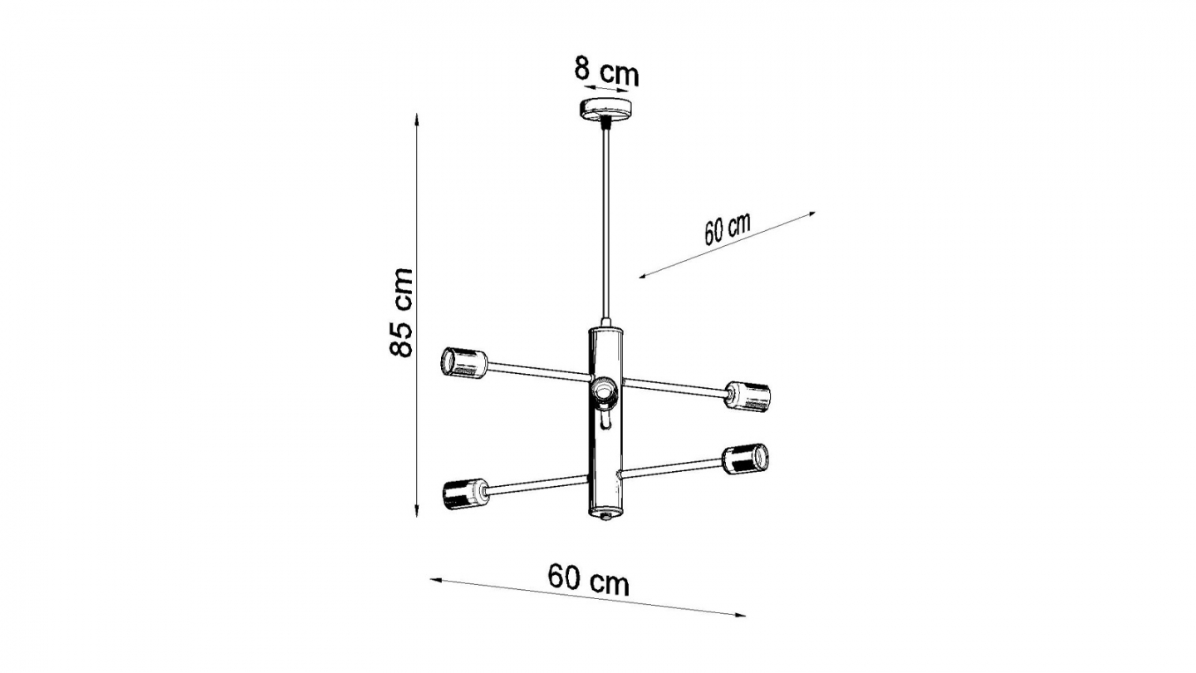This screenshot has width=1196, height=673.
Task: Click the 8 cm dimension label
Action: click(x=607, y=72)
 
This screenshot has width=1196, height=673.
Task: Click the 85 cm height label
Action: click(x=401, y=312)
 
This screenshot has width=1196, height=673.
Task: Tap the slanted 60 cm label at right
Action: click(x=728, y=228)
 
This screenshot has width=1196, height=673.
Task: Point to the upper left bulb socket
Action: click(x=463, y=363)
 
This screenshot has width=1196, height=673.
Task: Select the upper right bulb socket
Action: click(x=748, y=395)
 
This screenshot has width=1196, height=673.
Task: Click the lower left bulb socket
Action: click(x=465, y=495)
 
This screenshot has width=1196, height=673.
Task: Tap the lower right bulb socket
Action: click(x=746, y=459)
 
